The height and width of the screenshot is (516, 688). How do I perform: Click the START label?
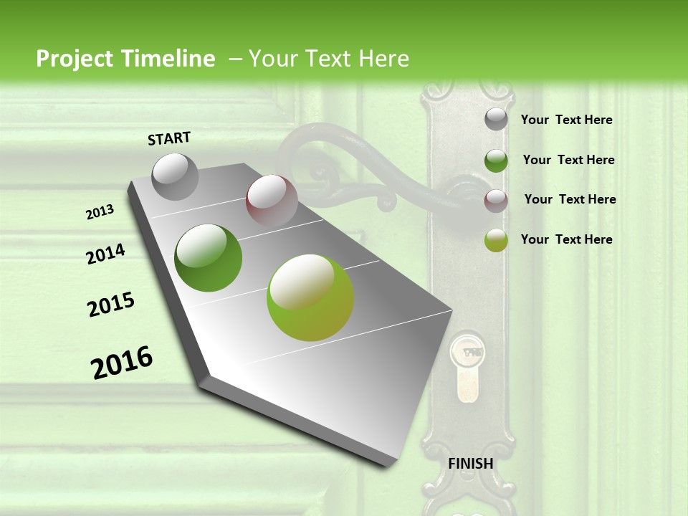point(169,138)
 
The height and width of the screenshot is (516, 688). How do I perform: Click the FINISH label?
point(470,464)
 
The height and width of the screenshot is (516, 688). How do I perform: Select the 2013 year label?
point(100,212)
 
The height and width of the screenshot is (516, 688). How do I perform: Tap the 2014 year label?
point(105,254)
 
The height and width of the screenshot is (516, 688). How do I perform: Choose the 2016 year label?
point(122,363)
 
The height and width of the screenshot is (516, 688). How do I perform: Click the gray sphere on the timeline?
point(176,176)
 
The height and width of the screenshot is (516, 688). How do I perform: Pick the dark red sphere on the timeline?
point(272,199)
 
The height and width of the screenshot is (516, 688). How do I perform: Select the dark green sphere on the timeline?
point(209,258)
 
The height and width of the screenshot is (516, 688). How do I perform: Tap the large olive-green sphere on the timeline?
point(310,297)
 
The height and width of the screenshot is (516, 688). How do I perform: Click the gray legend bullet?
point(496,120)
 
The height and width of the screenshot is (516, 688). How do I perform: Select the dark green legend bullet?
point(496,161)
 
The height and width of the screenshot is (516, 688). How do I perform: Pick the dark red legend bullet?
point(496,201)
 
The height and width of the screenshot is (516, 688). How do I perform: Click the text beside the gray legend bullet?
point(566,120)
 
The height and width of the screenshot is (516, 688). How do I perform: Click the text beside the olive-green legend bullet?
point(566,239)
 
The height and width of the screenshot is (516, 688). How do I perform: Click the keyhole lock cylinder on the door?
point(464,367)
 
